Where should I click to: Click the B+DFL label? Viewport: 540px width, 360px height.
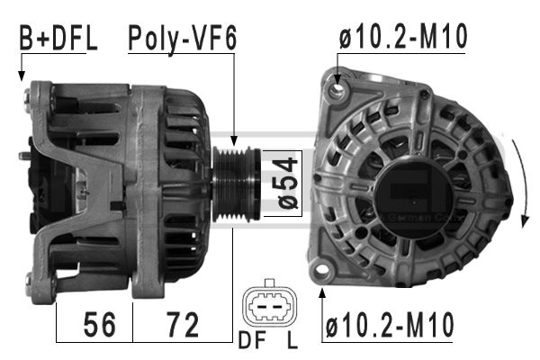[x=58, y=39]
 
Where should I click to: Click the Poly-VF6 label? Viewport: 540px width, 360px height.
[x=183, y=39]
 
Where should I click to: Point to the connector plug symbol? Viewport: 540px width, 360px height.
[x=267, y=309]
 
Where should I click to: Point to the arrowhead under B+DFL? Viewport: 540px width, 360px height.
[x=21, y=76]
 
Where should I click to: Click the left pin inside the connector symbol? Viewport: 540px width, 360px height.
[x=259, y=310]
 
